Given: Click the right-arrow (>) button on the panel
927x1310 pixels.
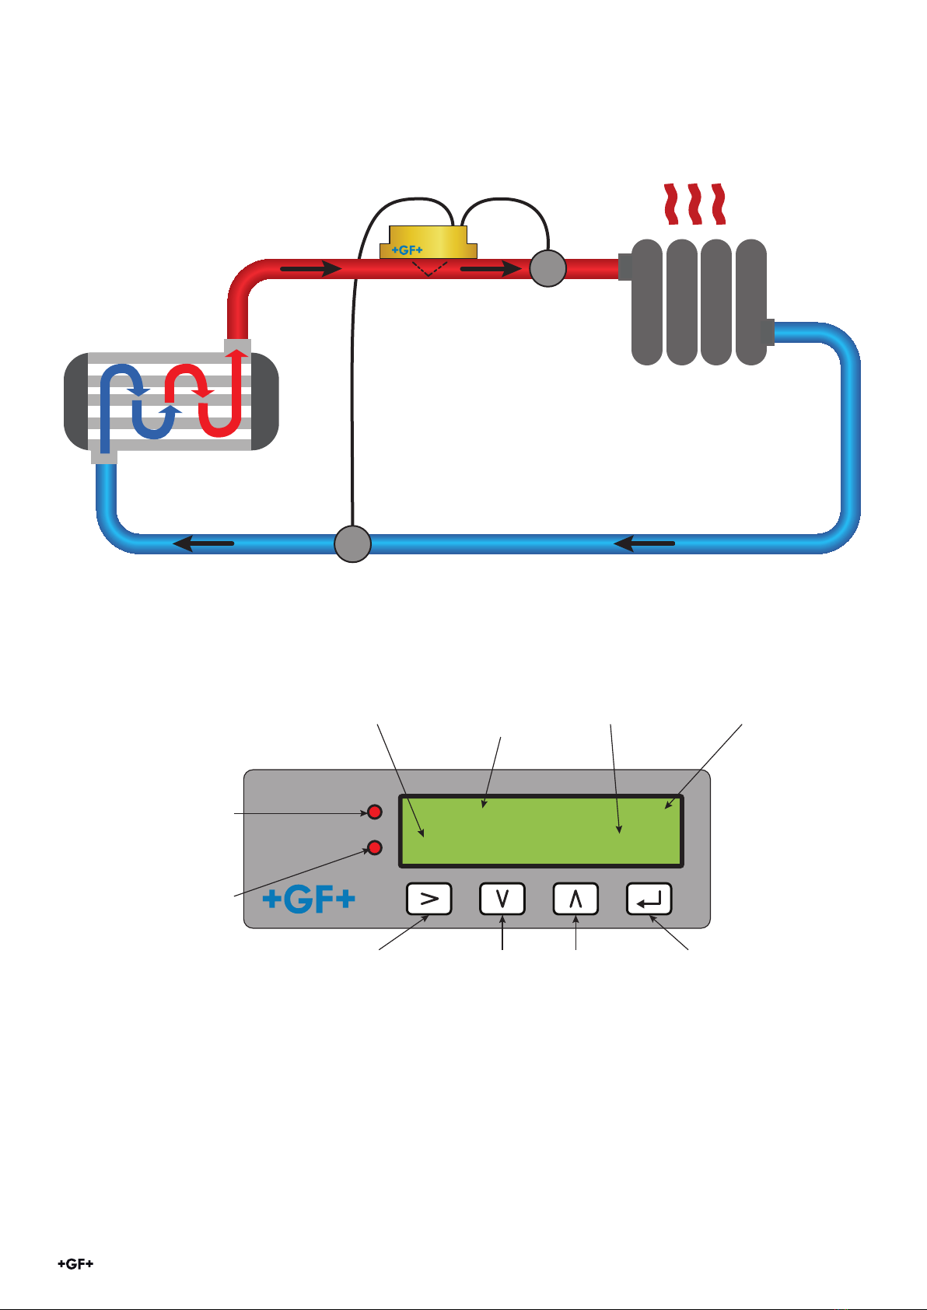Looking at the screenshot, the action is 429,898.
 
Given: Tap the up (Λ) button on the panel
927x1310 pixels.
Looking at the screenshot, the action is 575,898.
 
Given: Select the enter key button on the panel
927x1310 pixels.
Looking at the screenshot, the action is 649,898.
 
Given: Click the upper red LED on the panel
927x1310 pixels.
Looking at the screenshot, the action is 374,812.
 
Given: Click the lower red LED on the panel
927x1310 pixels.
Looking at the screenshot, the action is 374,847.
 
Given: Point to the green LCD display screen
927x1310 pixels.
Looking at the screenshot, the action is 541,830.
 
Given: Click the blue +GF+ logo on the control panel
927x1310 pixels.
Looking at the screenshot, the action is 309,900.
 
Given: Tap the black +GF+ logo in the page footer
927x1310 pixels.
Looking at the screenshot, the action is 75,1264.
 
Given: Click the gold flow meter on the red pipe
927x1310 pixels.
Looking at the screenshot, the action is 429,242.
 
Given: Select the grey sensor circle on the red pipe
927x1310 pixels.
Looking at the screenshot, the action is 547,268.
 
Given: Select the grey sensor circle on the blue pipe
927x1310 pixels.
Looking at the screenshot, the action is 352,544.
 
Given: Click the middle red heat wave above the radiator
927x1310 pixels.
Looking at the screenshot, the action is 694,204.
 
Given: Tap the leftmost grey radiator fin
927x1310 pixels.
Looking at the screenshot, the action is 647,302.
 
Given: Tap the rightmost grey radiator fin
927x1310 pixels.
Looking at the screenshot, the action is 751,302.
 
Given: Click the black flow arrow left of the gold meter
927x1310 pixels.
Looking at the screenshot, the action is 311,268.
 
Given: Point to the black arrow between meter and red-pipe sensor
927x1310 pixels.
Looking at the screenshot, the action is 491,268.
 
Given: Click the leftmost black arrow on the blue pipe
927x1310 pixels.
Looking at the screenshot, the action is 204,543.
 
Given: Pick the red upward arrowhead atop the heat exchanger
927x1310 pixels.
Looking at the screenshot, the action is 237,353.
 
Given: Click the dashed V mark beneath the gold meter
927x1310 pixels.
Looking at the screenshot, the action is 429,268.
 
